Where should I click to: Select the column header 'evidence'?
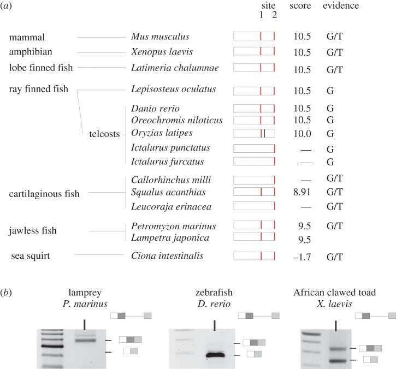coord(341,6)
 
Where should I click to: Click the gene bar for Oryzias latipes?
coord(254,133)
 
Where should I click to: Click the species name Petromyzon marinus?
coord(170,226)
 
